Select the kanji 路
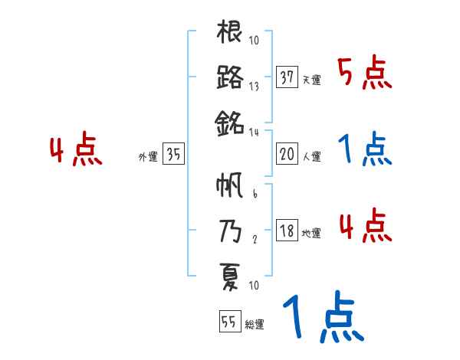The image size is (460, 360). click(x=230, y=77)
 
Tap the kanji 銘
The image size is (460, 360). click(x=230, y=122)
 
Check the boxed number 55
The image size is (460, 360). click(x=228, y=322)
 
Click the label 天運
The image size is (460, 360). click(x=311, y=80)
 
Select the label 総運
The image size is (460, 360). click(x=255, y=325)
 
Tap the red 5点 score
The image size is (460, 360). click(x=364, y=74)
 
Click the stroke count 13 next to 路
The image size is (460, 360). click(x=254, y=87)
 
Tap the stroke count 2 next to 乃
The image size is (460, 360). click(x=254, y=240)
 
